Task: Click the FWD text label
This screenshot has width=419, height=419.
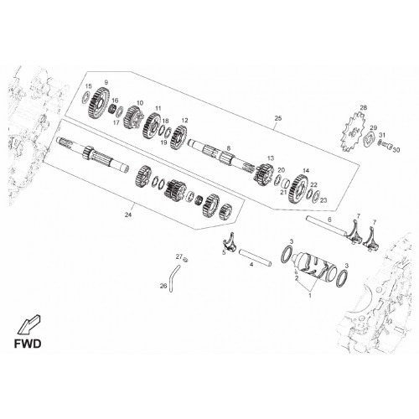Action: coord(28,344)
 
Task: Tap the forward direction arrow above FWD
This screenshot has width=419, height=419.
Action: coord(29,324)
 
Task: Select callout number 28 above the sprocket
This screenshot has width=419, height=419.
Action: coord(363,108)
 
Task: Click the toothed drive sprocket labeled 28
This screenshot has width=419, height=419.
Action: coord(353,132)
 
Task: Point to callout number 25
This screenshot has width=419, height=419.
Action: coord(278,118)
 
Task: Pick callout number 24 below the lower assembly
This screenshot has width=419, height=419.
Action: coord(128,215)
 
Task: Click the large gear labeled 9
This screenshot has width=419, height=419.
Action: coord(99,103)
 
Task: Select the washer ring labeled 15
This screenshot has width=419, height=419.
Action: coord(86,96)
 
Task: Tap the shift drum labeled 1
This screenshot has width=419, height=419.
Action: coord(313,267)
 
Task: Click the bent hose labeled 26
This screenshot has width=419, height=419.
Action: coord(173,277)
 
